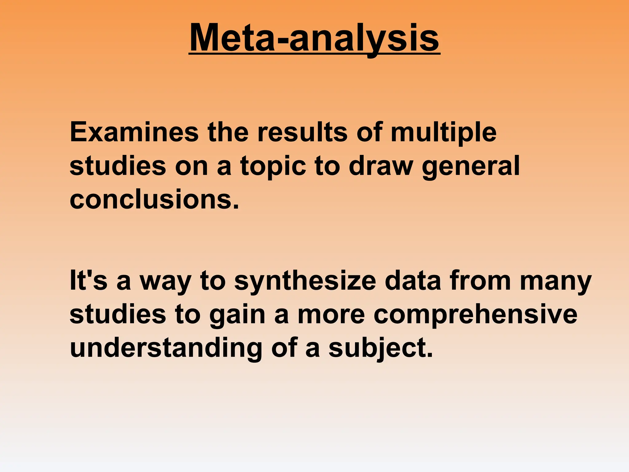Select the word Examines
coord(134,132)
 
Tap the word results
coord(302,132)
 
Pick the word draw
coord(380,166)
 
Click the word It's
coord(88,281)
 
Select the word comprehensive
coord(475,315)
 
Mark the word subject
coord(380,348)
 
